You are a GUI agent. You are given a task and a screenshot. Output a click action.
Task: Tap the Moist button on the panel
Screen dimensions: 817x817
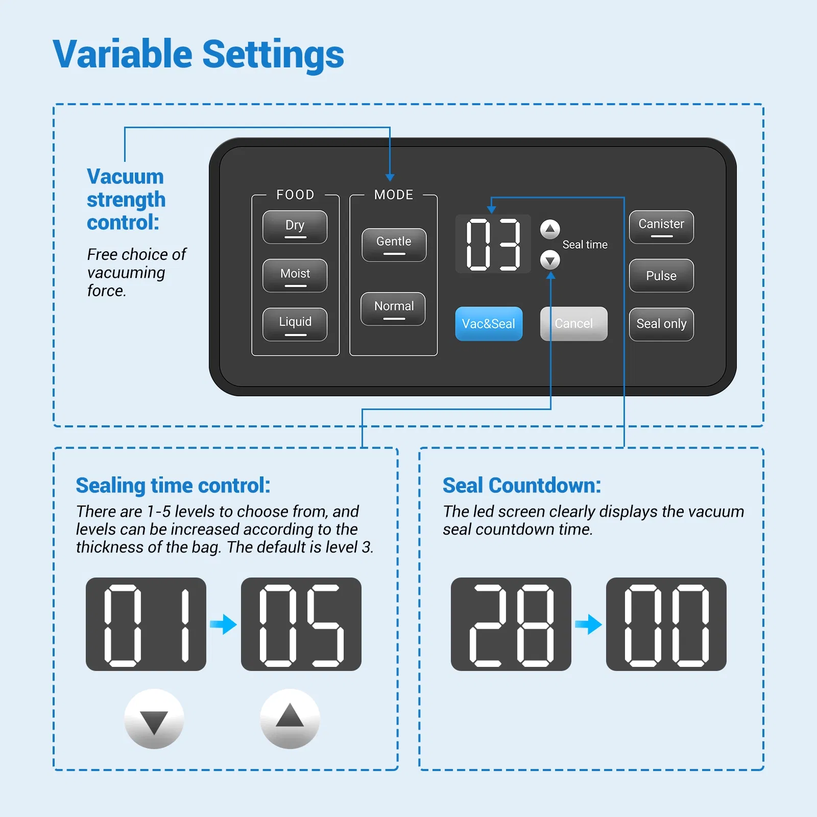pyautogui.click(x=295, y=275)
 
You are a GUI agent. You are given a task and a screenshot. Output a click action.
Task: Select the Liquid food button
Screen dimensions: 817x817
pyautogui.click(x=295, y=324)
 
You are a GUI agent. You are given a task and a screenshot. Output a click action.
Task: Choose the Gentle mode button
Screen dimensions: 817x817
pyautogui.click(x=394, y=245)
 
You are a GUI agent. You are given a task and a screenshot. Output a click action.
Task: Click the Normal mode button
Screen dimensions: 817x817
pyautogui.click(x=393, y=308)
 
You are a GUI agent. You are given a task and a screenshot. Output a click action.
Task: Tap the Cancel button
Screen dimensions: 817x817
pyautogui.click(x=573, y=323)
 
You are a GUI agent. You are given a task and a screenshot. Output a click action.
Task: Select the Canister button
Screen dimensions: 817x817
pyautogui.click(x=661, y=227)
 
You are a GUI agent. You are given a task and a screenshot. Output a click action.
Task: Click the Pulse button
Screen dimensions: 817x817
pyautogui.click(x=661, y=275)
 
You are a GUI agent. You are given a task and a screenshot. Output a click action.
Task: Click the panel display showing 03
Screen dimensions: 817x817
pyautogui.click(x=493, y=244)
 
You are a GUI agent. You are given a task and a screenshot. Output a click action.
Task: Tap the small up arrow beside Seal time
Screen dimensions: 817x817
pyautogui.click(x=550, y=229)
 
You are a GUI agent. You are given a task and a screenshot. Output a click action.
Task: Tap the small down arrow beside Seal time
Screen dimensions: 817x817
pyautogui.click(x=550, y=260)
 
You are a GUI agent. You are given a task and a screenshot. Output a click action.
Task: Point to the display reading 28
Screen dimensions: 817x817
pyautogui.click(x=511, y=624)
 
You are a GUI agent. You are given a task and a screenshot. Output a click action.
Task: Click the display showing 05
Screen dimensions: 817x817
pyautogui.click(x=301, y=624)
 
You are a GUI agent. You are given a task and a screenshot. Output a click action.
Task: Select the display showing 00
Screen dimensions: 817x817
pyautogui.click(x=666, y=624)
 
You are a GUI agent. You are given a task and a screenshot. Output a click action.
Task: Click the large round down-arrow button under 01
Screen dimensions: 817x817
pyautogui.click(x=154, y=719)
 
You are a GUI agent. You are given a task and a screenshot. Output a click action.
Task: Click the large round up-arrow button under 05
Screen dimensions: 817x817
pyautogui.click(x=290, y=719)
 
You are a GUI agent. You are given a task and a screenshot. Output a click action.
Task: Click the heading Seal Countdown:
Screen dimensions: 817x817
pyautogui.click(x=521, y=486)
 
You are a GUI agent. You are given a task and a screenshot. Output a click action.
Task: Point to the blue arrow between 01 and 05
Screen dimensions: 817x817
pyautogui.click(x=223, y=624)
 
